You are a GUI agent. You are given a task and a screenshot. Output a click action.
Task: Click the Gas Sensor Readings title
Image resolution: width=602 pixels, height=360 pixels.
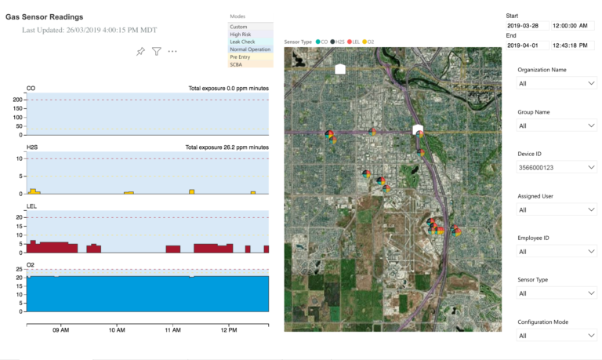[44, 16]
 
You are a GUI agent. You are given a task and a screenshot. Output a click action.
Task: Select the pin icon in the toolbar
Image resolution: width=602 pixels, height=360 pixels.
[140, 52]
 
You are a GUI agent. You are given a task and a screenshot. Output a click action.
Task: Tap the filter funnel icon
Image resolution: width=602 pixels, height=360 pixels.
[157, 52]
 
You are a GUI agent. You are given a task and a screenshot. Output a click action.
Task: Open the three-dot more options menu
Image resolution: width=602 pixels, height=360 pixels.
[172, 52]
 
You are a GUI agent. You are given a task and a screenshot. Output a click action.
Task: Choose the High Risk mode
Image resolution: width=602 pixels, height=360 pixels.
[241, 34]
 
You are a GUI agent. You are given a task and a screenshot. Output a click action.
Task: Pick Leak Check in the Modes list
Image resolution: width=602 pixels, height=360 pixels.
[242, 42]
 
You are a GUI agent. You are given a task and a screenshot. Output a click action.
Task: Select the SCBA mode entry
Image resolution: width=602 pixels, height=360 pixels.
[236, 64]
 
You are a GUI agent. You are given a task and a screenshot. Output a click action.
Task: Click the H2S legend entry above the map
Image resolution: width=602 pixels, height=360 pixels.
[338, 42]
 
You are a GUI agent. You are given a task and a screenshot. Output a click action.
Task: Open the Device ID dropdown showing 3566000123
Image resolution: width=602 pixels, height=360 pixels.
[556, 167]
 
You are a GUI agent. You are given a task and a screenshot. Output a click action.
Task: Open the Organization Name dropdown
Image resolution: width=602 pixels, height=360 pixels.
[556, 82]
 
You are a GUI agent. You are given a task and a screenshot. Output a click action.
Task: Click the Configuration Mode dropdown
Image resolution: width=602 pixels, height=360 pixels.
[556, 336]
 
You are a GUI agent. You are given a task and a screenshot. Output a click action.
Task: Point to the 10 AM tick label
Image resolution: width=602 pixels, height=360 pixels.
[117, 331]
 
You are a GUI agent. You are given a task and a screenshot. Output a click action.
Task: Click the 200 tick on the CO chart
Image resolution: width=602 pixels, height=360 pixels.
[16, 100]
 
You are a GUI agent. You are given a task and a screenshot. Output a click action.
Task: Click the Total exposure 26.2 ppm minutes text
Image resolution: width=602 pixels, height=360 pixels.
[227, 147]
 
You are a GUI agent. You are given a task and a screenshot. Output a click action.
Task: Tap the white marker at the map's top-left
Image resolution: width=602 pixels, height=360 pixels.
[339, 69]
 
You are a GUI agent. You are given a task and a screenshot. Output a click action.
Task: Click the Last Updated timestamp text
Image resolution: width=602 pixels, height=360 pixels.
[89, 30]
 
